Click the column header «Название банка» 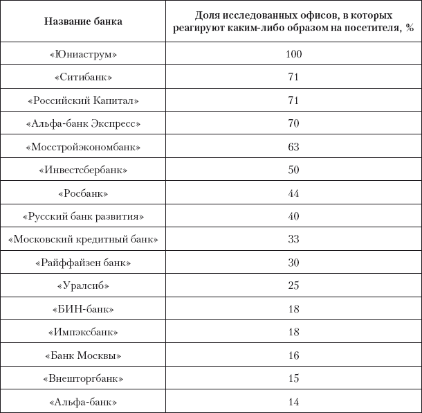pos(83,21)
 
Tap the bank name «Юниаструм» pos(83,53)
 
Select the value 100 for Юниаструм pos(293,53)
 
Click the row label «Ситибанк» pos(83,77)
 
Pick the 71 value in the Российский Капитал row pos(293,100)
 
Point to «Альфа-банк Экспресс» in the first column pos(83,124)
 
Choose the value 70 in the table pos(293,124)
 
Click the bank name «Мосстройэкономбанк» pos(83,147)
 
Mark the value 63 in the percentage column pos(293,147)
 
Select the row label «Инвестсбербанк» pos(83,170)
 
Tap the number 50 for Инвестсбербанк pos(293,170)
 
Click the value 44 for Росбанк pos(293,193)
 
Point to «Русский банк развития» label pos(83,216)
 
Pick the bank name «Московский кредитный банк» pos(83,240)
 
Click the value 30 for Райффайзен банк pos(293,263)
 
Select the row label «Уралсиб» pos(83,286)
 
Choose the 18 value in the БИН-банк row pos(293,309)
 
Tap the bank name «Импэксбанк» pos(83,333)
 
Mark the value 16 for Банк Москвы pos(293,355)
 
